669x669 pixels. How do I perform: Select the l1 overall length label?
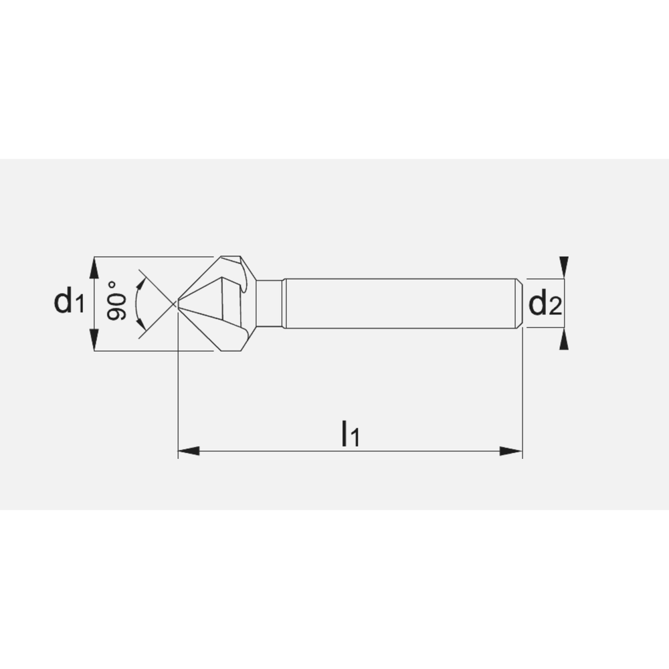tap(350, 434)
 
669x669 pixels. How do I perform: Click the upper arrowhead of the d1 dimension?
tap(94, 268)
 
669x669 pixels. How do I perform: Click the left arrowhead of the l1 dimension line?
tap(188, 452)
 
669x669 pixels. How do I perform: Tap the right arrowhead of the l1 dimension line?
tap(512, 452)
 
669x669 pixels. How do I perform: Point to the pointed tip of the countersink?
tap(177, 304)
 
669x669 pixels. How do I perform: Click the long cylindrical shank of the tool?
tap(401, 303)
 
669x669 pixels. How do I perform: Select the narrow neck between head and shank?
tap(269, 303)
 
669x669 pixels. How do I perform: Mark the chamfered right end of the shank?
tap(519, 303)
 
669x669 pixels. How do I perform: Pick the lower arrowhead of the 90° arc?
tap(142, 327)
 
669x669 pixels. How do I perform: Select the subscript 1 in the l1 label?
tap(355, 438)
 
